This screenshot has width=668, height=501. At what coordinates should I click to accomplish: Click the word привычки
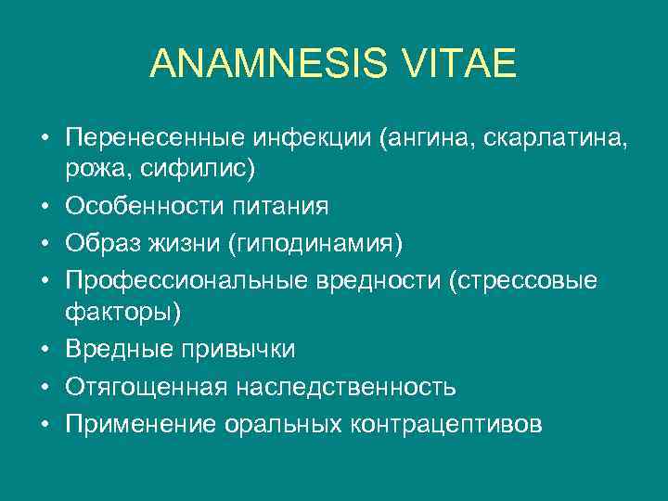[236, 350]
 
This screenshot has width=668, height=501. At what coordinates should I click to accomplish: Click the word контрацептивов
[446, 423]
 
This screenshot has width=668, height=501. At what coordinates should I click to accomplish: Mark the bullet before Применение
[45, 423]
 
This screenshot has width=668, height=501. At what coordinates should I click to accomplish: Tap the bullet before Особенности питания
[45, 205]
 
